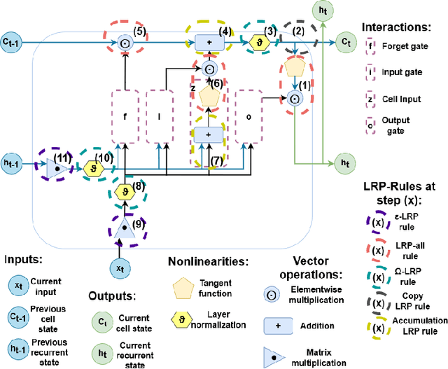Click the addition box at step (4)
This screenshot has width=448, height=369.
[209, 42]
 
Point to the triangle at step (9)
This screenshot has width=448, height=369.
[123, 225]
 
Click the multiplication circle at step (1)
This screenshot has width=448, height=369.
[294, 99]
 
